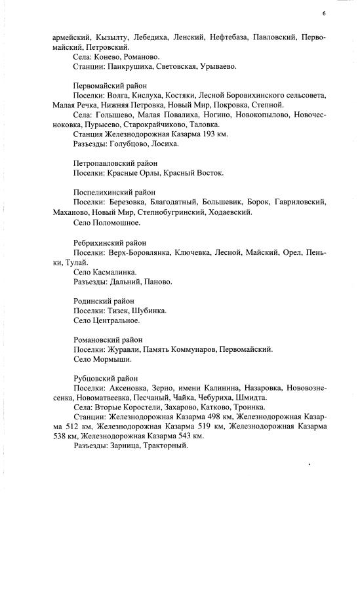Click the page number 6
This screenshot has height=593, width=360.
[324, 14]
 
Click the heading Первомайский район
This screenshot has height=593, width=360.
[110, 86]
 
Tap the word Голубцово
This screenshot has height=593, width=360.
[132, 143]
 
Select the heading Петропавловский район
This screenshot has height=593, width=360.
[115, 163]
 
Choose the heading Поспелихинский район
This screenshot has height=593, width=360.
[114, 193]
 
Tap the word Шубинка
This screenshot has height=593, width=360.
[150, 311]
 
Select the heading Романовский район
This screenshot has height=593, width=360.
[108, 340]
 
